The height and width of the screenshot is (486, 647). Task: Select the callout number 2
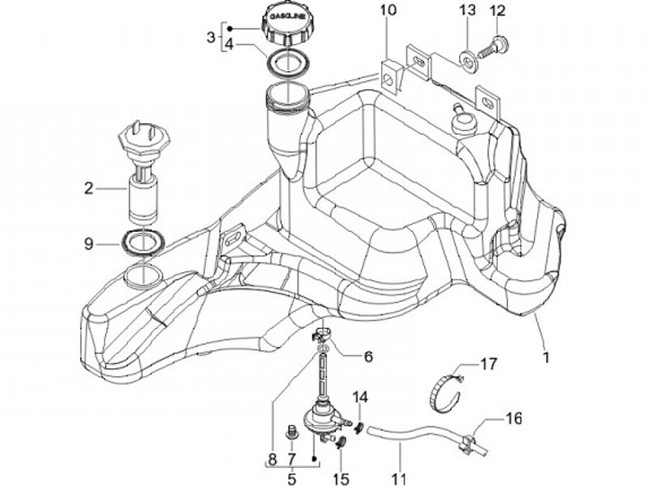point(88,189)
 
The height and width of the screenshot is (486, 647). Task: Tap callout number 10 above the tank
point(386,12)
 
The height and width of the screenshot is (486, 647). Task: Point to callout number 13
point(466,11)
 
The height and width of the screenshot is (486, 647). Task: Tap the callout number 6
point(341,355)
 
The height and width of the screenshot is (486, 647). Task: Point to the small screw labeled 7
point(290,434)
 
